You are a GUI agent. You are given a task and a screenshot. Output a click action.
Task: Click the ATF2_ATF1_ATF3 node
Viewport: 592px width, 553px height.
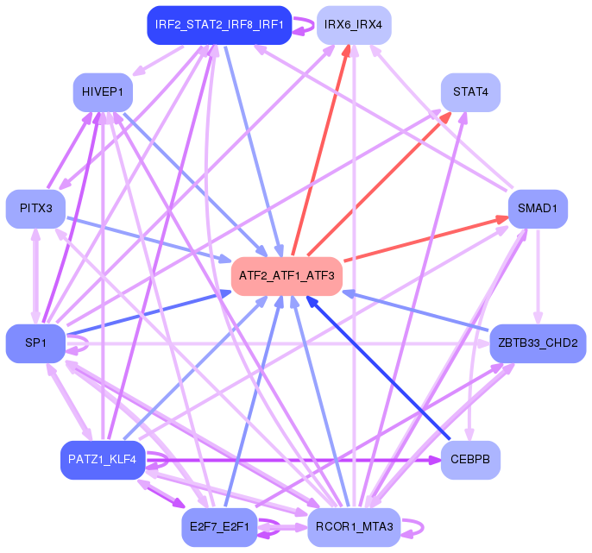click(x=287, y=276)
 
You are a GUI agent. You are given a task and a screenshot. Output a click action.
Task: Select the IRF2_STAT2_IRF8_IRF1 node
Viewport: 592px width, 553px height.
click(x=219, y=24)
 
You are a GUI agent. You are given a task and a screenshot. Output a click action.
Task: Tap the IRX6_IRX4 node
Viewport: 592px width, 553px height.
click(x=353, y=24)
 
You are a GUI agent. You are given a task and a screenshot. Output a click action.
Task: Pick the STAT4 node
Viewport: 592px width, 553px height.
click(x=470, y=91)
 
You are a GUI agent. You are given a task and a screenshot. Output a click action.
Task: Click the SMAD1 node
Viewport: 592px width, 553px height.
click(x=538, y=209)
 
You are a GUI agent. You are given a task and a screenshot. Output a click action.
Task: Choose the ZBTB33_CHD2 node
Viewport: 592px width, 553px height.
click(x=538, y=343)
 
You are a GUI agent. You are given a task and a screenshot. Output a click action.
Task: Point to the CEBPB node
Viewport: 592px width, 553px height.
click(x=470, y=460)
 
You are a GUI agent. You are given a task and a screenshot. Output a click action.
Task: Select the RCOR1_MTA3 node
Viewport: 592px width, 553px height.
click(x=353, y=527)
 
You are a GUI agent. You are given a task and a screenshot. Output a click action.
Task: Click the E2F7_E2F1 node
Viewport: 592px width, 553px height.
click(x=219, y=527)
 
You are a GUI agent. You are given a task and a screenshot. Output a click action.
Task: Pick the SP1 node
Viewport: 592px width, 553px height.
click(x=35, y=343)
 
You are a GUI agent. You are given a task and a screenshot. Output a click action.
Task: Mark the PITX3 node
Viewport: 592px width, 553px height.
click(x=35, y=209)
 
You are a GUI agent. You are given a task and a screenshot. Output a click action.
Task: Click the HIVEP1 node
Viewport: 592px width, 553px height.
click(x=102, y=91)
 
